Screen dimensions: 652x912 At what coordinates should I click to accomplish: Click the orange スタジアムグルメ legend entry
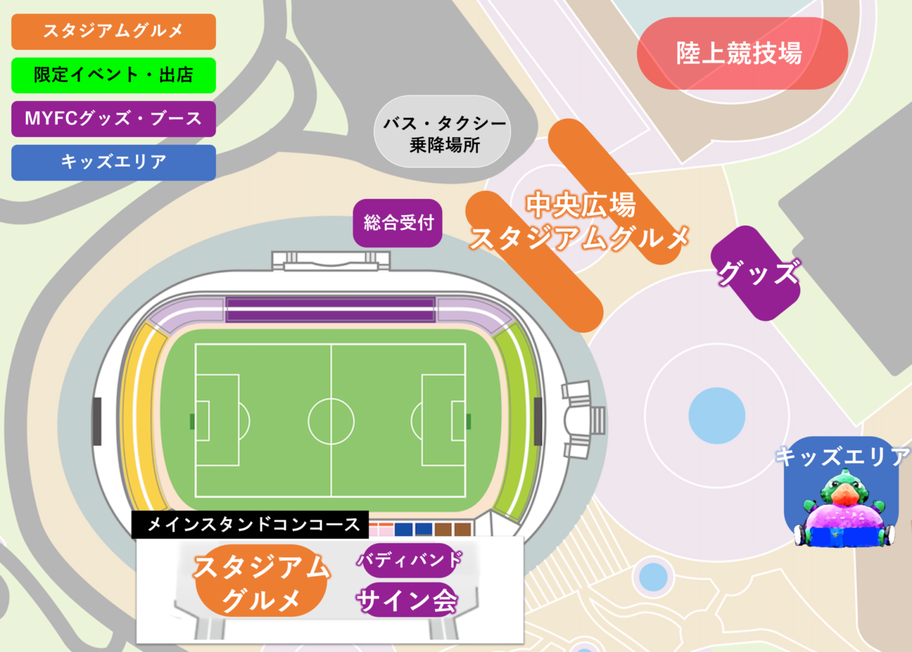(x=113, y=31)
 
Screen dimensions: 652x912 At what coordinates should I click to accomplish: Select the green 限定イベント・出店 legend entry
(x=113, y=75)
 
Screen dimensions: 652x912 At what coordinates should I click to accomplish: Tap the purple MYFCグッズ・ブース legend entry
(x=113, y=119)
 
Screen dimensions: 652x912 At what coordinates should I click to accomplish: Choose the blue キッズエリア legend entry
(x=113, y=162)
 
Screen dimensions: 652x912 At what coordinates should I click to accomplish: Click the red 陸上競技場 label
(x=741, y=53)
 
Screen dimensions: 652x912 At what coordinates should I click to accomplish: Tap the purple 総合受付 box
(x=398, y=223)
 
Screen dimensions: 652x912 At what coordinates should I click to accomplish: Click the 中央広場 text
(x=581, y=205)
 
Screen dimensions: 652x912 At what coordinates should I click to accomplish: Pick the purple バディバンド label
(x=410, y=559)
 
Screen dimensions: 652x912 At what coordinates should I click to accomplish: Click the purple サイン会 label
(x=407, y=600)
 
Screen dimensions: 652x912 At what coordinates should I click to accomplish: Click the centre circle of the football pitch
(x=331, y=421)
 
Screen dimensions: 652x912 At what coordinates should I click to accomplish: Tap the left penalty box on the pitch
(x=217, y=420)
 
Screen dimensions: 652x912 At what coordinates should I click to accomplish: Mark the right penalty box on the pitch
(x=443, y=420)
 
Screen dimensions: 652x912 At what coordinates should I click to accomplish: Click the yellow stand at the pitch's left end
(x=140, y=415)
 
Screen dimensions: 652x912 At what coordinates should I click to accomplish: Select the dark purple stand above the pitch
(x=330, y=310)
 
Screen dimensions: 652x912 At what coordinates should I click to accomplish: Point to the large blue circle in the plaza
(x=717, y=415)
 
